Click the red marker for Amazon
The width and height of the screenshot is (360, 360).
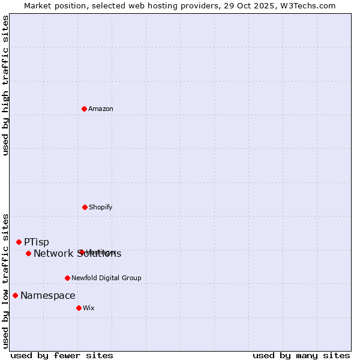coord(84,109)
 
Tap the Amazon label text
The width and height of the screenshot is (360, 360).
coord(101,109)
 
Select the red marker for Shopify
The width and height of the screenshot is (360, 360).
coord(85,207)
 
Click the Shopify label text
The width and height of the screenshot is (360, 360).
coord(100,207)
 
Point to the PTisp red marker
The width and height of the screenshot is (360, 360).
coord(19,242)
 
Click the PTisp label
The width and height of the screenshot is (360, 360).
coord(37,242)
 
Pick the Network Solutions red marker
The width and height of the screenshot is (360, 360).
coord(28,253)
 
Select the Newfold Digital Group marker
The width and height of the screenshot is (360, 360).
coord(67,278)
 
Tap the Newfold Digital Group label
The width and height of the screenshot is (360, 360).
coord(106,278)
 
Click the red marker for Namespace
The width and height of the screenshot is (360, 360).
coord(15,295)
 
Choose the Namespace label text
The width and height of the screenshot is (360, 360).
coord(48,295)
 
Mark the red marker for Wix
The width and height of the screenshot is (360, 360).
coord(79,308)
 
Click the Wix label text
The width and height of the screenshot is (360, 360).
coord(88,308)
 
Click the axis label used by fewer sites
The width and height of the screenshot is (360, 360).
coord(62,355)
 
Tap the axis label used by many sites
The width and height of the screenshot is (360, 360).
coord(301,355)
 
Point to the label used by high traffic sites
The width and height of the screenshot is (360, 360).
coord(5,86)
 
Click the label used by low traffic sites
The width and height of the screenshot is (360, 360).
coord(5,281)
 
